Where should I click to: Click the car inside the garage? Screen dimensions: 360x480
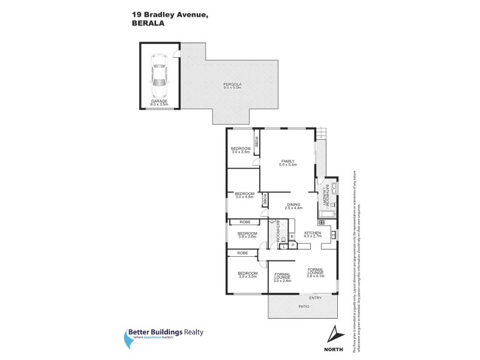tap(159, 76)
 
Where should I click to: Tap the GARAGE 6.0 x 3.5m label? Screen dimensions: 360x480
tap(159, 103)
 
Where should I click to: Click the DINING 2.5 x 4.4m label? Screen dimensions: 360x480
tap(293, 207)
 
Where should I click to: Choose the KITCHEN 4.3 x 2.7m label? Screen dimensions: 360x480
tap(313, 235)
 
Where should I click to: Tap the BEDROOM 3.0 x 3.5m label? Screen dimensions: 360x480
tap(241, 150)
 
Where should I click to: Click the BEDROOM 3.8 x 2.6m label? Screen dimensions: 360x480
tap(247, 235)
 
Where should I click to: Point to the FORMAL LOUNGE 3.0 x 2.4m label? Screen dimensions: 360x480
tap(283, 278)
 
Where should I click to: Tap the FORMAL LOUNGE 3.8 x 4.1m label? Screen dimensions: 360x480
tap(316, 272)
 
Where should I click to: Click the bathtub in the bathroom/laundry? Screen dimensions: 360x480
tap(327, 214)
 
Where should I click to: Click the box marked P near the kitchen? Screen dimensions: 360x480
tap(293, 245)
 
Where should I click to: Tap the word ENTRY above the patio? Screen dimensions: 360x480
tap(315, 298)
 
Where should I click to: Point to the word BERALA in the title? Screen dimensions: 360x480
tap(147, 25)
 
